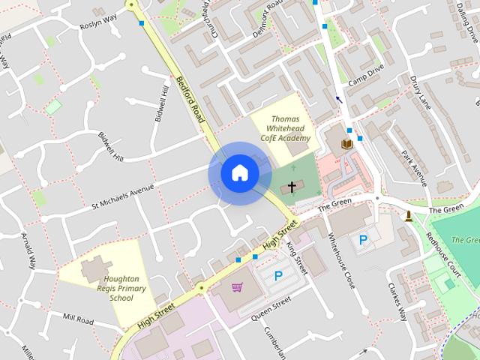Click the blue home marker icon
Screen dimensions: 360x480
(x=239, y=173)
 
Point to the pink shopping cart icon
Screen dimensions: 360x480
(x=238, y=286)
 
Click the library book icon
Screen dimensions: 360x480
(x=346, y=143)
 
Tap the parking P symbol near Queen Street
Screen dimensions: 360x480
(x=278, y=277)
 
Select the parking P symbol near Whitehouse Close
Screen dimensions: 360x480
(x=363, y=241)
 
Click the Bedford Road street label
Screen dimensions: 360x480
(x=190, y=100)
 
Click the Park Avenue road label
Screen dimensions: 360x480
(x=413, y=169)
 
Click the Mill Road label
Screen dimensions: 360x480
(x=78, y=320)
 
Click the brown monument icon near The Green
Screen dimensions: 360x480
(x=408, y=217)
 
